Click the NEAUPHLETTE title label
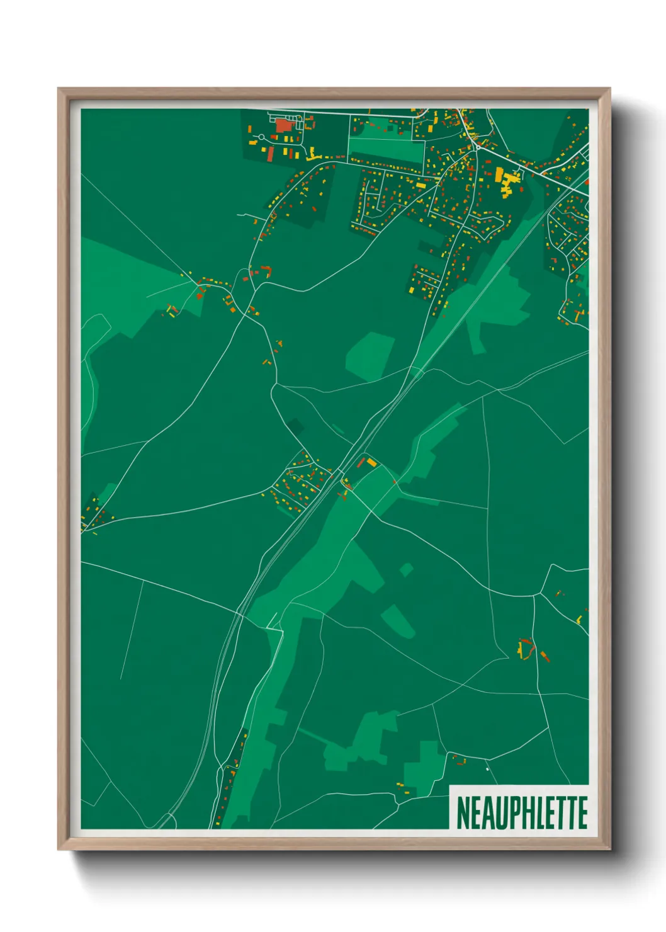click(521, 812)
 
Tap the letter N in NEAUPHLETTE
click(463, 812)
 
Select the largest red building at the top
click(284, 125)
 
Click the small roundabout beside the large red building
click(261, 137)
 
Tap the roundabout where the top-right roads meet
click(477, 149)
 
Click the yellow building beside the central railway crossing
click(371, 463)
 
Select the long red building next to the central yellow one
click(361, 462)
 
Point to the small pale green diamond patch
click(406, 570)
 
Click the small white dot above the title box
click(487, 769)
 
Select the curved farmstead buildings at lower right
click(525, 649)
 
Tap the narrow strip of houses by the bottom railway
click(229, 778)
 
